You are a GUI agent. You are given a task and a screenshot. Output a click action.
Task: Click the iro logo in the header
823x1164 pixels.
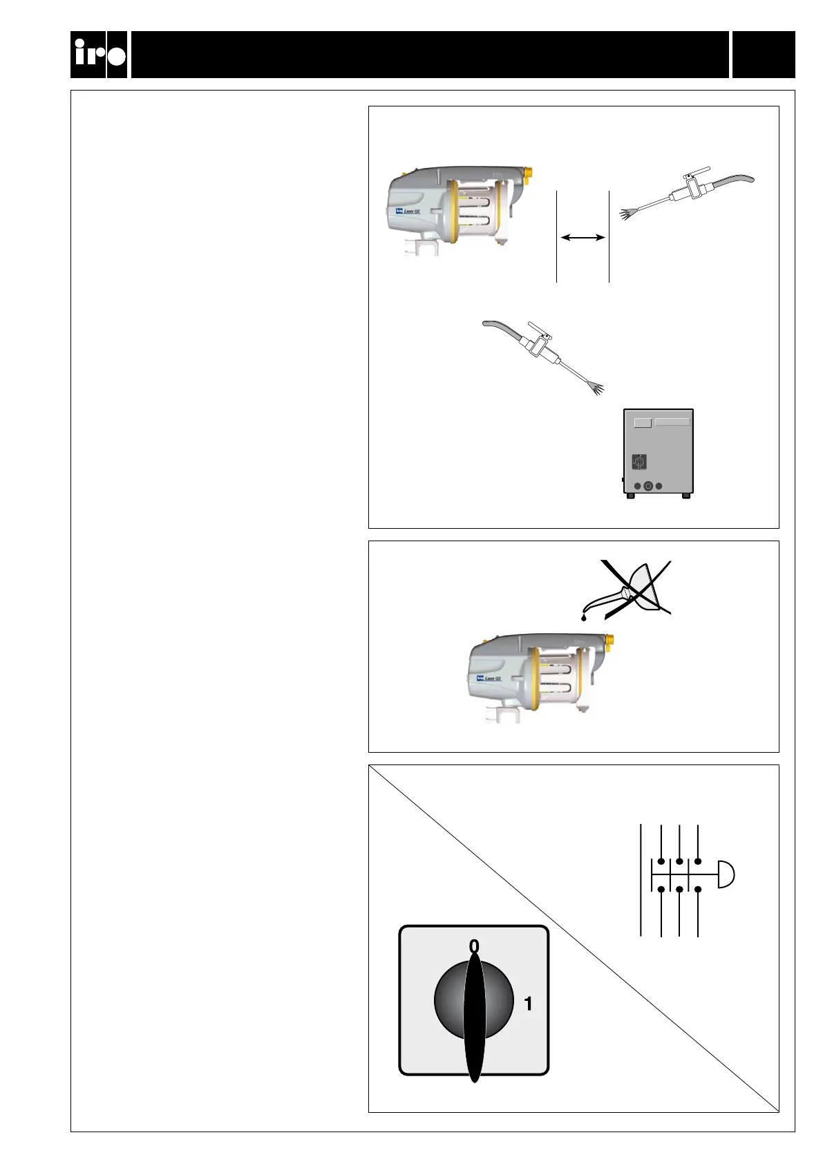coord(99,55)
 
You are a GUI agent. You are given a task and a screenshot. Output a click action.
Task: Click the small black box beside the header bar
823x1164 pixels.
coord(764,55)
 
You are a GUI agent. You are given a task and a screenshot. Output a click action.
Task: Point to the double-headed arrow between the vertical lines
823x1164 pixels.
coord(583,238)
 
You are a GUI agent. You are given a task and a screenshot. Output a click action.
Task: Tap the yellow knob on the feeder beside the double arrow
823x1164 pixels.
coord(529,170)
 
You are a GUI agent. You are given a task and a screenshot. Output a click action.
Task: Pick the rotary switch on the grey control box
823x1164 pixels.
coord(640,460)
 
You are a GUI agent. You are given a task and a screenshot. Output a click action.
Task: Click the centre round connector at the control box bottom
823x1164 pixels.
coord(648,486)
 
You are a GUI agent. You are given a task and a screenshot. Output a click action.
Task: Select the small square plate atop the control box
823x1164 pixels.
coord(643,422)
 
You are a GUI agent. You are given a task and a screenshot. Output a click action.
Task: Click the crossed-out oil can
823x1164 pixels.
coord(632,588)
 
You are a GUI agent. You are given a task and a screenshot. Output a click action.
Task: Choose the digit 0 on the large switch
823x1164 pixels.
coord(474,946)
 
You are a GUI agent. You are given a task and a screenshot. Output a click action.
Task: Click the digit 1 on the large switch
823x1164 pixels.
coord(529,1003)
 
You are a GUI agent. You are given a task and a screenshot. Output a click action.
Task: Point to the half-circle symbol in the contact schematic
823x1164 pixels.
coord(726,874)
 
